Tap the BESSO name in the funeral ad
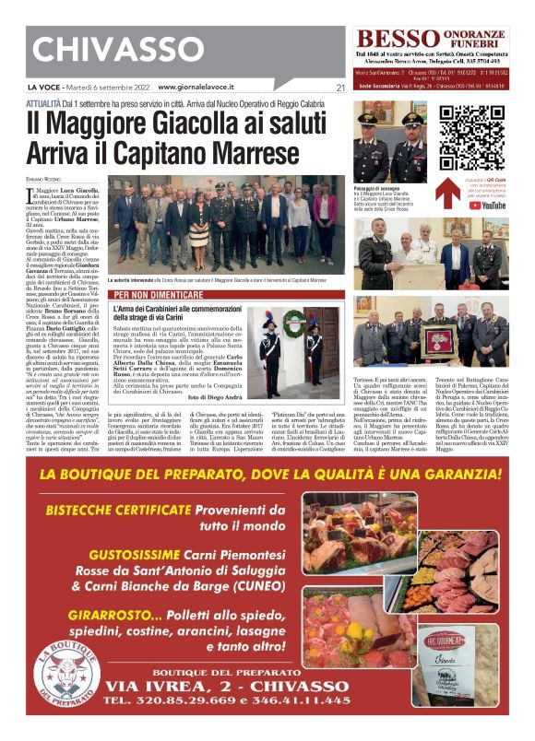coord(394,40)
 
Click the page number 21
coord(340,88)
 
